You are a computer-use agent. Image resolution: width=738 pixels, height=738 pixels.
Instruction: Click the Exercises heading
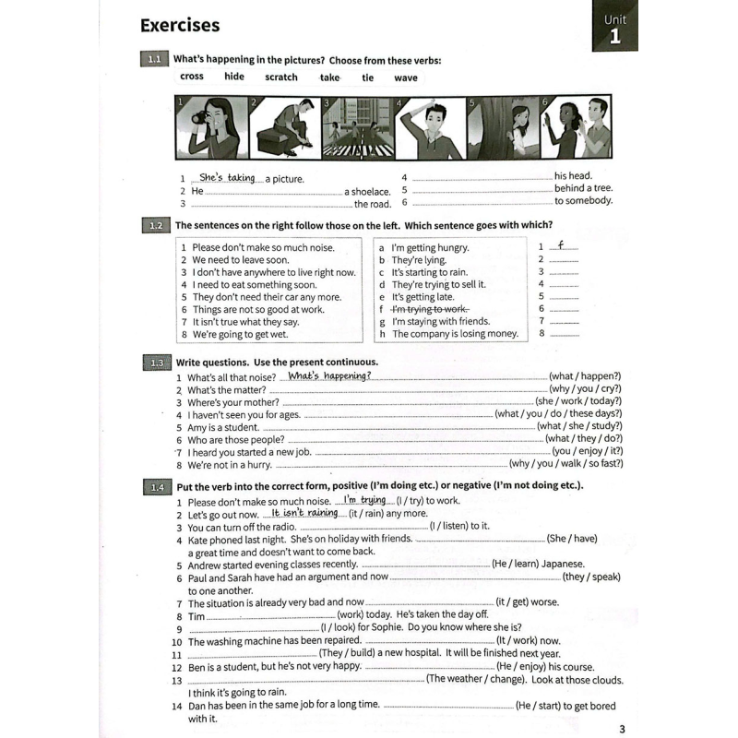tap(180, 25)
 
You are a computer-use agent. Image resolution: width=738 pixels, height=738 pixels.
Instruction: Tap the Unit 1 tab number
tap(614, 38)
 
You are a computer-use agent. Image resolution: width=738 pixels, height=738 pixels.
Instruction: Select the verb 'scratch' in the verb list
tap(281, 77)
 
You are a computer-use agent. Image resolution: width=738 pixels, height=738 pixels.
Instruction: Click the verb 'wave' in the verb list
tap(406, 77)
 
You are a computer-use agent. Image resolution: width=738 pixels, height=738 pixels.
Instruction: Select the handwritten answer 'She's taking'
tap(227, 177)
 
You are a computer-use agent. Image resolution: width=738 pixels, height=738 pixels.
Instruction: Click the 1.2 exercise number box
tap(154, 225)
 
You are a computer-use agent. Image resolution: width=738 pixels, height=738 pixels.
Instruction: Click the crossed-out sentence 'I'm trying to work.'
tap(430, 309)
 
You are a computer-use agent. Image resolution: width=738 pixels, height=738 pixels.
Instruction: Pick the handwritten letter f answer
tap(561, 244)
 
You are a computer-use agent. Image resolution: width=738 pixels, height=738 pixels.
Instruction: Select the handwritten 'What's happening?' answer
tap(329, 375)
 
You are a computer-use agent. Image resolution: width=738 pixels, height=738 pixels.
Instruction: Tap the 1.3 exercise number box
tap(154, 363)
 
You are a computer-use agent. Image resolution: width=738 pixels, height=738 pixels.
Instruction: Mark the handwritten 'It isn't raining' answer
tap(304, 512)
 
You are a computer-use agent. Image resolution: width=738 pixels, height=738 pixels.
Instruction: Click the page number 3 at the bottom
tap(622, 729)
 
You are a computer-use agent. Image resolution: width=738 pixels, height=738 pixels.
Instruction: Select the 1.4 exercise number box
tap(154, 486)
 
